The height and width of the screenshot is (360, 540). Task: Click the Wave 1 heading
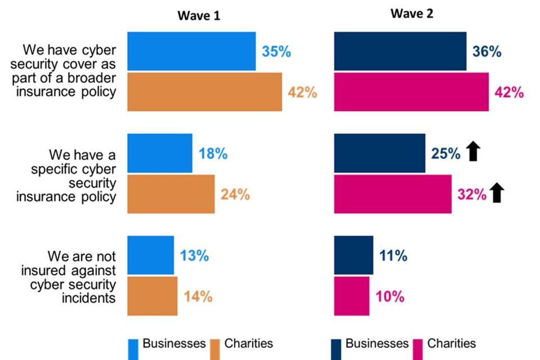click(199, 16)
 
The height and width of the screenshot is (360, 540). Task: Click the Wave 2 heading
click(412, 14)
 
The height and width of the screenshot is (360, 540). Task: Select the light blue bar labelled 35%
click(191, 51)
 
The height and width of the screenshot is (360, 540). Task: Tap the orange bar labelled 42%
click(204, 92)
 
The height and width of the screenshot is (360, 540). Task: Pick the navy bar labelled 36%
click(400, 51)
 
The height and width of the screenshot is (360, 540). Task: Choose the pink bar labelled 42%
click(411, 92)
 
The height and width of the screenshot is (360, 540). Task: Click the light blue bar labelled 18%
click(160, 153)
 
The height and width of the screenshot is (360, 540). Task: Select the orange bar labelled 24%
click(171, 194)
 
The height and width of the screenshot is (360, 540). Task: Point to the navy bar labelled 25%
click(380, 153)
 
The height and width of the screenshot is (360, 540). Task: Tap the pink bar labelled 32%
click(393, 194)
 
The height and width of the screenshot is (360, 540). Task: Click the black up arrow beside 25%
click(473, 152)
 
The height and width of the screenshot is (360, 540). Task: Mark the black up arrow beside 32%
click(497, 193)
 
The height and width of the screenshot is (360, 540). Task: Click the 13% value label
click(194, 256)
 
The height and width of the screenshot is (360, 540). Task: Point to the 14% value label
click(198, 296)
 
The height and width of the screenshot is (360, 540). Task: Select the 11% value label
click(393, 256)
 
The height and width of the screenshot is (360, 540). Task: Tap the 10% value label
click(390, 296)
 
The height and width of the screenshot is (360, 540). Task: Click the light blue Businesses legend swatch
click(133, 348)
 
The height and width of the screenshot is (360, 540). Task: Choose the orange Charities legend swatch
click(215, 348)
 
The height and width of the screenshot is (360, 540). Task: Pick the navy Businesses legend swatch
click(337, 348)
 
